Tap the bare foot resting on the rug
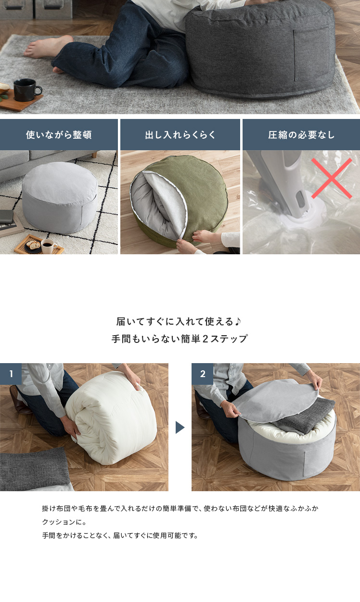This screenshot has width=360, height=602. point(48,47)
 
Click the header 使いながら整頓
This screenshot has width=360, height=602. point(59,135)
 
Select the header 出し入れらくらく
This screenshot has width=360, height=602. point(180,135)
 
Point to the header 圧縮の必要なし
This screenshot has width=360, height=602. point(301,135)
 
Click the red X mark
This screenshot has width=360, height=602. point(332,178)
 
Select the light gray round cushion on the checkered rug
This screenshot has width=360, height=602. point(60,197)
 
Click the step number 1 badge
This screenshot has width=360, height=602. point(11,374)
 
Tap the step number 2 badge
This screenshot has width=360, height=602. point(202,374)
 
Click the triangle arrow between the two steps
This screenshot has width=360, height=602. point(180,427)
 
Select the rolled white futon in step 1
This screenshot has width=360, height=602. point(111,418)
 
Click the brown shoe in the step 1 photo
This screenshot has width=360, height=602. point(19,400)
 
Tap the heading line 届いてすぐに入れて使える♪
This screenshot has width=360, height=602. point(179,321)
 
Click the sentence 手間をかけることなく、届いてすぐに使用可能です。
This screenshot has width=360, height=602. point(120,536)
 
